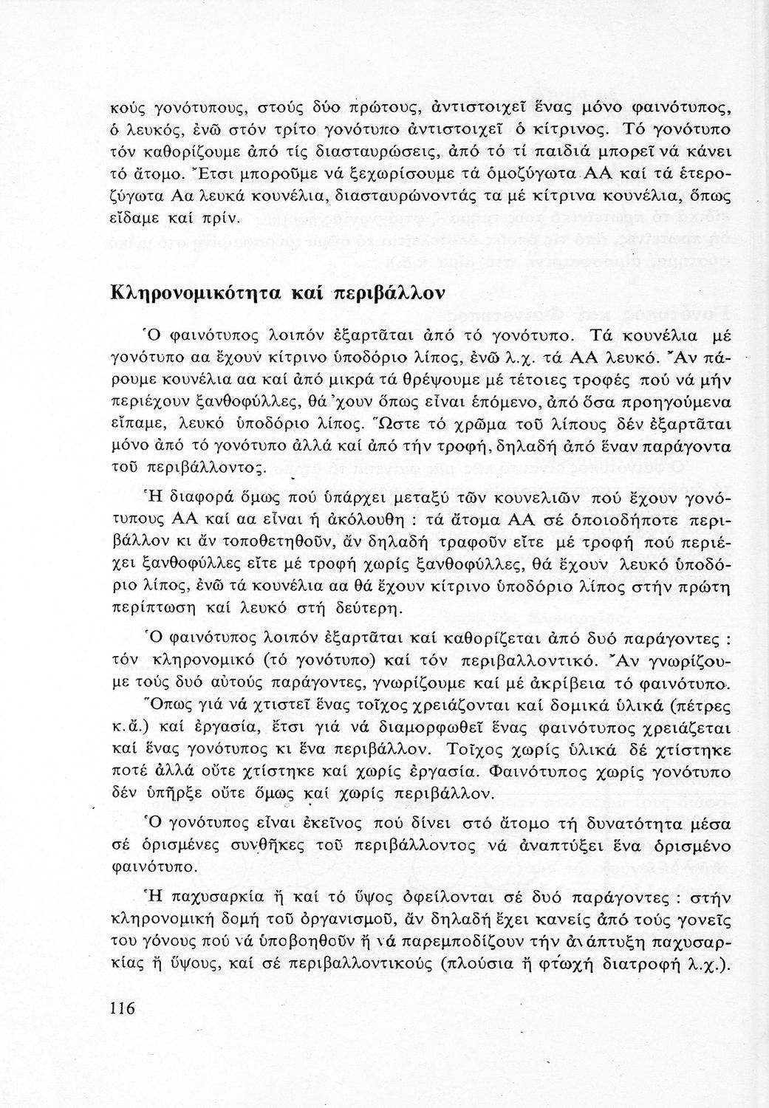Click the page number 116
(x=122, y=1007)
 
